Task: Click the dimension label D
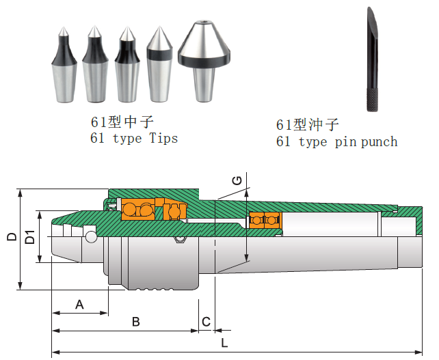tap(12, 237)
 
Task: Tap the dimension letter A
tap(79, 304)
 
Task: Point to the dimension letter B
tap(135, 321)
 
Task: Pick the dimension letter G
tap(237, 180)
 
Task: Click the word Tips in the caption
tap(163, 138)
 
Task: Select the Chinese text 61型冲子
tap(308, 124)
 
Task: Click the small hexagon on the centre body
tap(180, 239)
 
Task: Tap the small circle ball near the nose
tap(90, 237)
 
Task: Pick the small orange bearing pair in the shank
tap(265, 220)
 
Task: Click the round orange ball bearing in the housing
tap(174, 211)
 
